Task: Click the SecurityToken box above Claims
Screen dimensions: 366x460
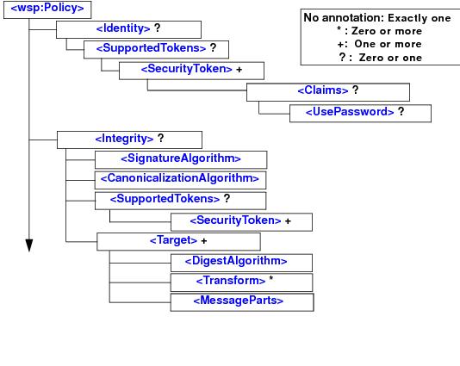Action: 190,70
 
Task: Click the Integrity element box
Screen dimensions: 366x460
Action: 128,138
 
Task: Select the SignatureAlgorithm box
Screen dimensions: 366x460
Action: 180,158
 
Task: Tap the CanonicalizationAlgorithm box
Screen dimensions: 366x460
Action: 180,179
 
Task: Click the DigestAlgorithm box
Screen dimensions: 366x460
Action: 240,262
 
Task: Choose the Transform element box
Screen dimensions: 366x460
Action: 240,282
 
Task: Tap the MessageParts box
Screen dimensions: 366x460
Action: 240,301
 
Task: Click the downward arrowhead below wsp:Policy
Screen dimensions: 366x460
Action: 28,246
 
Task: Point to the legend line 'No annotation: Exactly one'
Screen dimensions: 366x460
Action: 376,18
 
